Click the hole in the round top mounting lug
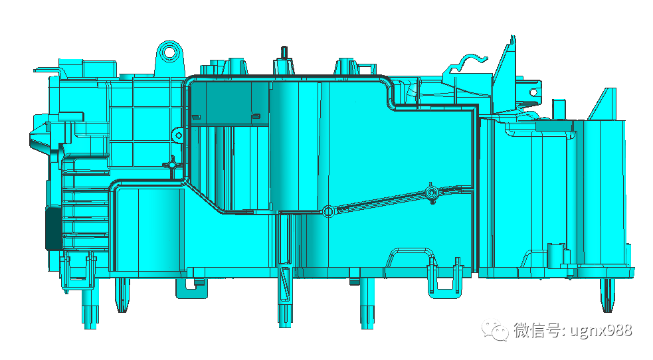(x=170, y=52)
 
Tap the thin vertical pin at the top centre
(x=284, y=53)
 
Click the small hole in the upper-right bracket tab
(x=533, y=92)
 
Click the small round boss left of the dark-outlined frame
(x=178, y=135)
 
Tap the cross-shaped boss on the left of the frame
(x=172, y=165)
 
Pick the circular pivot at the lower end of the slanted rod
(x=328, y=211)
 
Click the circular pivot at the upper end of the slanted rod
(x=431, y=193)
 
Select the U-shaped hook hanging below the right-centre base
(x=445, y=287)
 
